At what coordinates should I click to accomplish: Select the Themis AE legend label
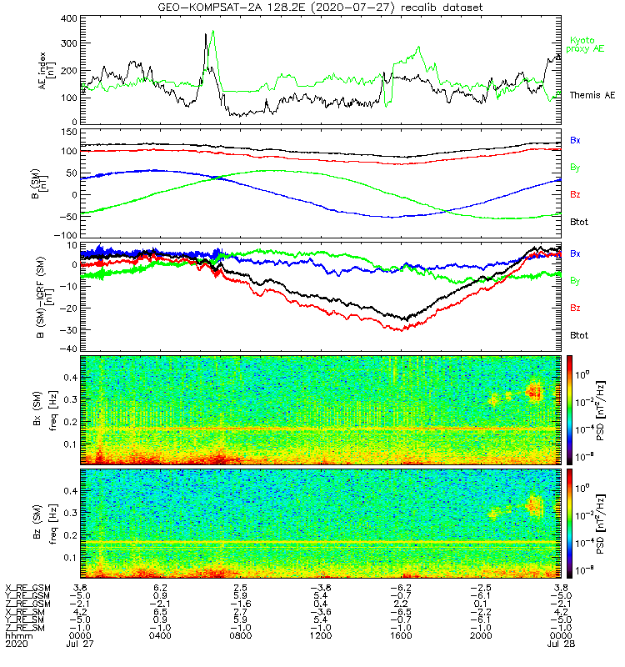(587, 96)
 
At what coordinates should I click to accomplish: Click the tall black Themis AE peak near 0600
(205, 35)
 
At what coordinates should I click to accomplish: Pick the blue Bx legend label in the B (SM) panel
(575, 140)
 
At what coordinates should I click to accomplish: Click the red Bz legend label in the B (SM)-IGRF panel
(575, 308)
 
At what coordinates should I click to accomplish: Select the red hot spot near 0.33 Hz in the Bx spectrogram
(534, 390)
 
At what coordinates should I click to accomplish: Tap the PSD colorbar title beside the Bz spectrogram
(599, 524)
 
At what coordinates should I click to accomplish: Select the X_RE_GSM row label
(27, 587)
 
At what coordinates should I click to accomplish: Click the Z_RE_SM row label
(27, 627)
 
